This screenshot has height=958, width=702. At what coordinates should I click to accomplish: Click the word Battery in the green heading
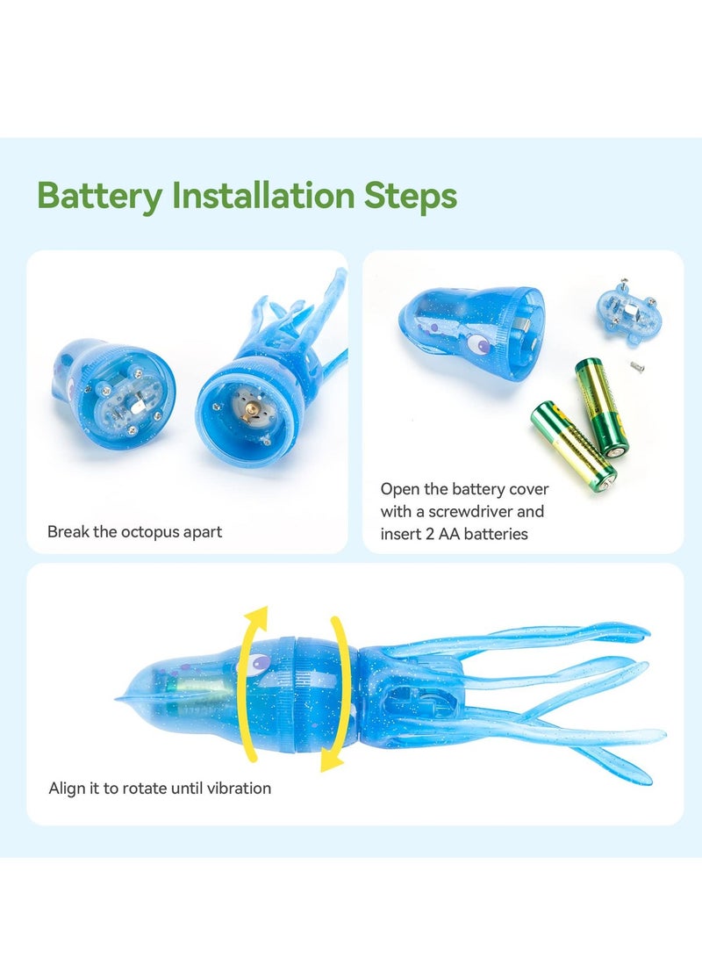click(99, 196)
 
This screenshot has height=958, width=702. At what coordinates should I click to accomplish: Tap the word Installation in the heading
click(263, 195)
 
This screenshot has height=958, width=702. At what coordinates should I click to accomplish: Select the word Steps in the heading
click(411, 196)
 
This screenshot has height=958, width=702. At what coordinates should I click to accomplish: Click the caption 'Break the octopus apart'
click(134, 531)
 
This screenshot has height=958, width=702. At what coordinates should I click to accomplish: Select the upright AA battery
click(601, 407)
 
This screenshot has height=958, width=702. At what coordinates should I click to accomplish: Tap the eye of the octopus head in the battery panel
click(483, 347)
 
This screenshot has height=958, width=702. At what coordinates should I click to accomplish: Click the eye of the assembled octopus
click(261, 662)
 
